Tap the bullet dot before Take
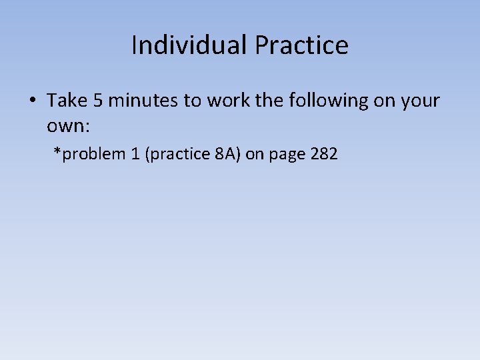click(x=32, y=101)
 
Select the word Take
click(x=63, y=101)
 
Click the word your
click(x=421, y=101)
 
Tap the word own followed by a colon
click(x=65, y=125)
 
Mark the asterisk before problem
click(x=57, y=153)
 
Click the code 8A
click(x=224, y=154)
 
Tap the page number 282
click(x=323, y=154)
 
